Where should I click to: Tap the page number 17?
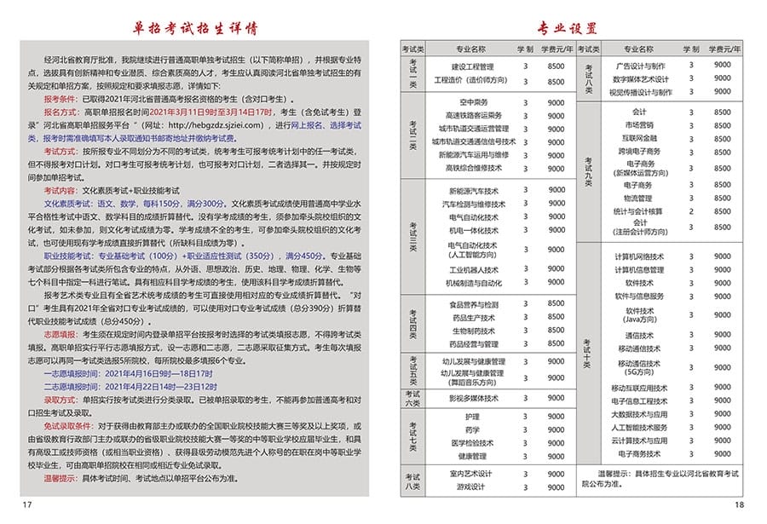pyautogui.click(x=26, y=505)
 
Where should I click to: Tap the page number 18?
pyautogui.click(x=739, y=505)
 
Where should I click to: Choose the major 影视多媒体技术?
pyautogui.click(x=474, y=398)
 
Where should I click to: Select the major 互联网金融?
pyautogui.click(x=639, y=137)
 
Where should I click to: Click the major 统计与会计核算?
pyautogui.click(x=638, y=210)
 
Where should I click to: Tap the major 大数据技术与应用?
pyautogui.click(x=639, y=413)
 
